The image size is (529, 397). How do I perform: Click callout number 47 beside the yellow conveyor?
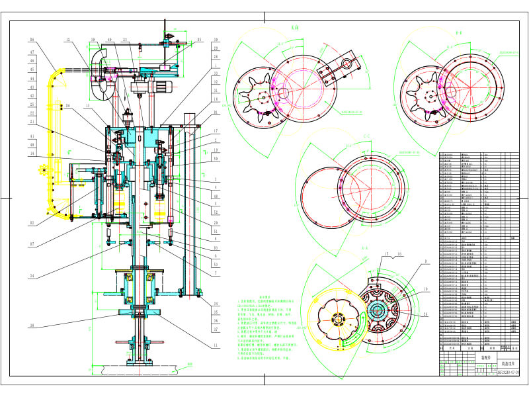(31, 54)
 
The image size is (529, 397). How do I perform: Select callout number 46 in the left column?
(31, 61)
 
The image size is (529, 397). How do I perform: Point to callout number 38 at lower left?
(31, 325)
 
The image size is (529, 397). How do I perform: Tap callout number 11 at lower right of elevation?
(215, 345)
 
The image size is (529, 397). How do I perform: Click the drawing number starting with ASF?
(509, 373)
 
